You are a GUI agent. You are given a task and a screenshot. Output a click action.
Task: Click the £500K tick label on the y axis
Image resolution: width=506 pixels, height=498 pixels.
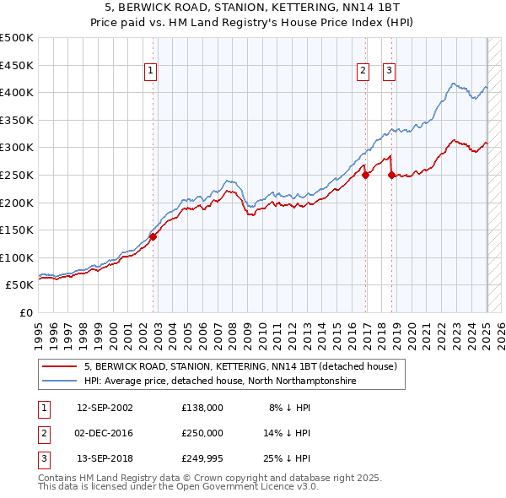click(x=17, y=38)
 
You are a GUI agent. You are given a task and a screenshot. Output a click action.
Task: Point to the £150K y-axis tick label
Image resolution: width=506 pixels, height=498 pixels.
click(x=17, y=230)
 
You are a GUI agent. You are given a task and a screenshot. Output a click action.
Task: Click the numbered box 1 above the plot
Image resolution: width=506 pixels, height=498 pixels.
click(x=149, y=72)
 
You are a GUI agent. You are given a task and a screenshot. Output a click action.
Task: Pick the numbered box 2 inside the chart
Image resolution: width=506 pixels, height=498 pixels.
click(x=363, y=72)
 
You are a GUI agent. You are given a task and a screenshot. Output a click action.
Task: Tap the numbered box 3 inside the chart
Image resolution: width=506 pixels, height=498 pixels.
click(x=389, y=72)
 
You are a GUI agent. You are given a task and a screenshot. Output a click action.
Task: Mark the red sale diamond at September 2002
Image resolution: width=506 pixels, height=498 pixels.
click(x=153, y=237)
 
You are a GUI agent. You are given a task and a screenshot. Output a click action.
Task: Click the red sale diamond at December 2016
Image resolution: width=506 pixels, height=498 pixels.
click(x=365, y=176)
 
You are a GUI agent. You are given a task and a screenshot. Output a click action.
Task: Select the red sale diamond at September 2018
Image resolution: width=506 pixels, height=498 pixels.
click(x=391, y=176)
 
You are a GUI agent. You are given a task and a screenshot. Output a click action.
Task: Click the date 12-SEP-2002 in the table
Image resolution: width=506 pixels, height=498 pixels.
click(x=105, y=408)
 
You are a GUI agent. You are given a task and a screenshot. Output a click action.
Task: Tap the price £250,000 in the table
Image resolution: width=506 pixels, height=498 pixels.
click(x=202, y=433)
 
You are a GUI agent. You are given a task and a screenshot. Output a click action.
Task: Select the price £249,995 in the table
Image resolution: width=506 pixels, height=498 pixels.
click(x=202, y=458)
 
